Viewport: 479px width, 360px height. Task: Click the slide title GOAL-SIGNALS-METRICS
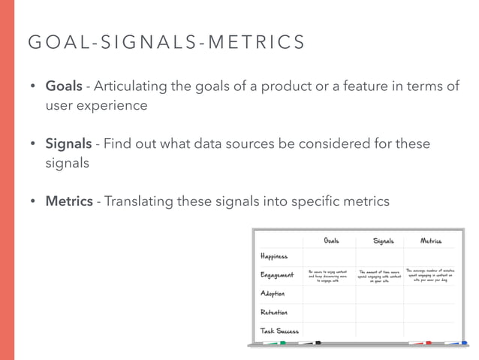click(x=166, y=42)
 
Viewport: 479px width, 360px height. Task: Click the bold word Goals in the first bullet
click(x=64, y=86)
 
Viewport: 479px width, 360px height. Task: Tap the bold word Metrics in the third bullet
click(x=69, y=201)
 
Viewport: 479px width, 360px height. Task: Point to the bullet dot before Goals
click(x=33, y=87)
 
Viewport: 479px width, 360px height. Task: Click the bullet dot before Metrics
click(x=33, y=201)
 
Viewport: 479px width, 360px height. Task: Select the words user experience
click(x=97, y=105)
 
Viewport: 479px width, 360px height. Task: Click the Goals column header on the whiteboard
click(x=330, y=241)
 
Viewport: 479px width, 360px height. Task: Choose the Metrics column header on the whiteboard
click(x=430, y=241)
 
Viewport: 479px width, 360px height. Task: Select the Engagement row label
click(x=277, y=275)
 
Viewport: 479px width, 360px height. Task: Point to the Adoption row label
click(x=273, y=293)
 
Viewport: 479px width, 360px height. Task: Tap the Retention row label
click(x=274, y=311)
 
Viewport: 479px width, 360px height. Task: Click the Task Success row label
click(x=279, y=330)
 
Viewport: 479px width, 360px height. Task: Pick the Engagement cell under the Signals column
click(x=379, y=276)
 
